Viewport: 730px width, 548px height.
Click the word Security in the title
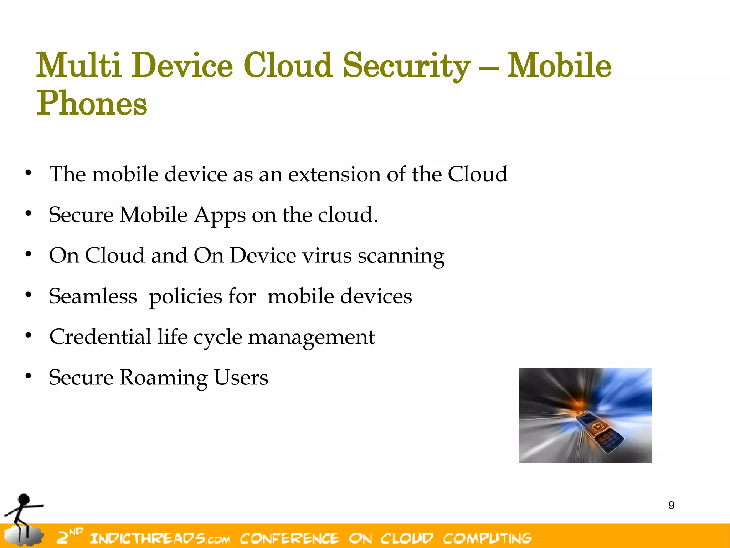point(406,66)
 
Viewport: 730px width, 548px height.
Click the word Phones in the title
point(92,104)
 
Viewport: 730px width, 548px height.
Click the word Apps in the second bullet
point(220,216)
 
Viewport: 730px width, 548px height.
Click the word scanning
point(401,256)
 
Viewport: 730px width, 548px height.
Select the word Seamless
point(93,296)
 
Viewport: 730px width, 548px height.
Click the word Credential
point(100,337)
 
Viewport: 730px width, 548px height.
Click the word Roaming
point(163,378)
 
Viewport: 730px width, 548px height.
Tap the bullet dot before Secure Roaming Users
point(29,376)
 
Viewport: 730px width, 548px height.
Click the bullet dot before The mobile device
point(29,173)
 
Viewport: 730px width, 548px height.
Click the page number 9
point(671,505)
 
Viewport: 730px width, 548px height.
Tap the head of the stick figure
point(24,499)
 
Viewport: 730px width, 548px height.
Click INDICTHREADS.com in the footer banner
point(160,538)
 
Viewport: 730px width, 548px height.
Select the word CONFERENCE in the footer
point(289,538)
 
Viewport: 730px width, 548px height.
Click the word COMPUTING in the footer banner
point(487,538)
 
